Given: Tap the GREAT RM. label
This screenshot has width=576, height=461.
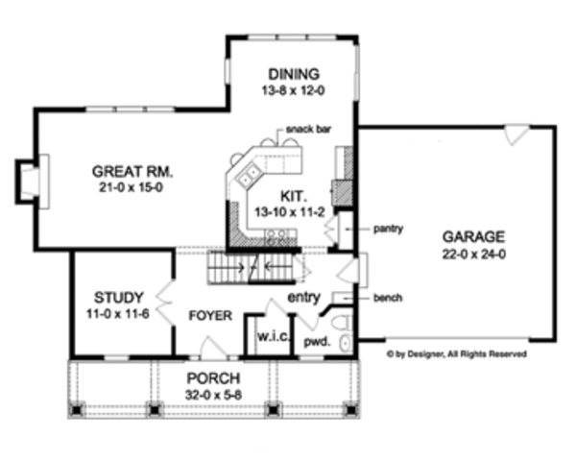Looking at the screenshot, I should tap(132, 172).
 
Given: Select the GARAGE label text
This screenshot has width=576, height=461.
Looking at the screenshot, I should tap(473, 237).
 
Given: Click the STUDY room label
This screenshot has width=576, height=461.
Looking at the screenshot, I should tap(120, 296).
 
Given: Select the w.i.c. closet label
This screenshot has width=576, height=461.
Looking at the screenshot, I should tap(269, 338).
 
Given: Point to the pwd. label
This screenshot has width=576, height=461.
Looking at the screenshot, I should tap(317, 341).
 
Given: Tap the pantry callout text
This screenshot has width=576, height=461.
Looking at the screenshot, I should tap(389, 229).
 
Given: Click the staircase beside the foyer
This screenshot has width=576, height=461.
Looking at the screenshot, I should tap(250, 264).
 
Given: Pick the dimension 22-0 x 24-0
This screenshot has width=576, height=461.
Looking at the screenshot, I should tap(473, 254).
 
